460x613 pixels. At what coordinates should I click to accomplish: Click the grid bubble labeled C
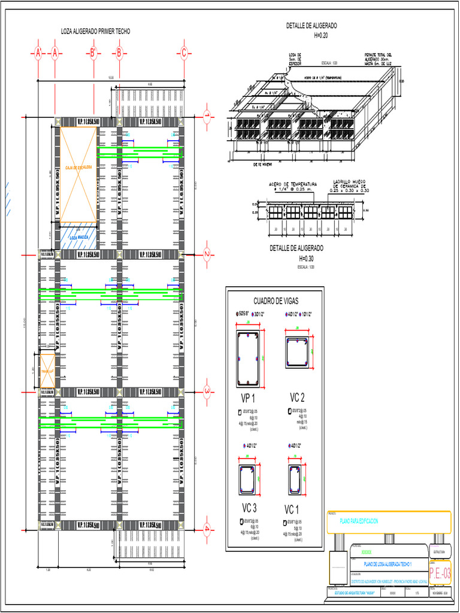tap(184, 53)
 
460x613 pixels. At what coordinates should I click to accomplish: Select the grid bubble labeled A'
tap(38, 53)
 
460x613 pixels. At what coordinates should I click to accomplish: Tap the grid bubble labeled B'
tap(93, 53)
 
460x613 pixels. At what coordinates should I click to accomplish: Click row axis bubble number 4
tap(205, 529)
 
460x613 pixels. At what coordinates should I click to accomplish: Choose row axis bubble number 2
tap(205, 254)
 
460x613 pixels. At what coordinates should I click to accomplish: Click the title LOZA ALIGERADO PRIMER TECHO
tap(96, 31)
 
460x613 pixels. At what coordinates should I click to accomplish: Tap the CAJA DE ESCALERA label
tap(78, 167)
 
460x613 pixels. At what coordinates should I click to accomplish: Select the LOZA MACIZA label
tap(78, 237)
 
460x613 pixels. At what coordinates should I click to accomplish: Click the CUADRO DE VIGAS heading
tap(276, 301)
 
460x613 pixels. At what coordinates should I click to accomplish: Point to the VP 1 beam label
tap(249, 398)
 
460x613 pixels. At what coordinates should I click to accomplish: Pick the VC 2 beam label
tap(298, 397)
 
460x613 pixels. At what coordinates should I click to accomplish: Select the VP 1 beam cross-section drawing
tap(248, 359)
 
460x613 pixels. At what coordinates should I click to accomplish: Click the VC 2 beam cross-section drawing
tap(298, 352)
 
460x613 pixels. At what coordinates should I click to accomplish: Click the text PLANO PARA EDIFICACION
tap(359, 521)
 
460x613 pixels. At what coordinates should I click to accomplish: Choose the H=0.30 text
tap(305, 258)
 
